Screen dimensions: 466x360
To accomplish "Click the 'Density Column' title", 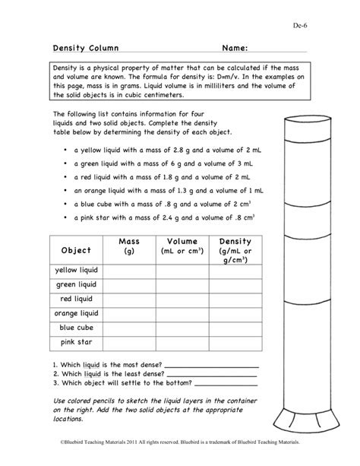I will click(x=81, y=48).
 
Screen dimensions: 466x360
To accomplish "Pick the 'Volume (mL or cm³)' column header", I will click(x=182, y=246).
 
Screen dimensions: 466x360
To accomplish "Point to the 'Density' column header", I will click(x=235, y=251).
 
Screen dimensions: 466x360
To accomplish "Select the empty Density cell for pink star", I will click(x=235, y=342).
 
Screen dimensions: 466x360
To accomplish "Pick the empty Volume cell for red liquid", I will click(x=182, y=299).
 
